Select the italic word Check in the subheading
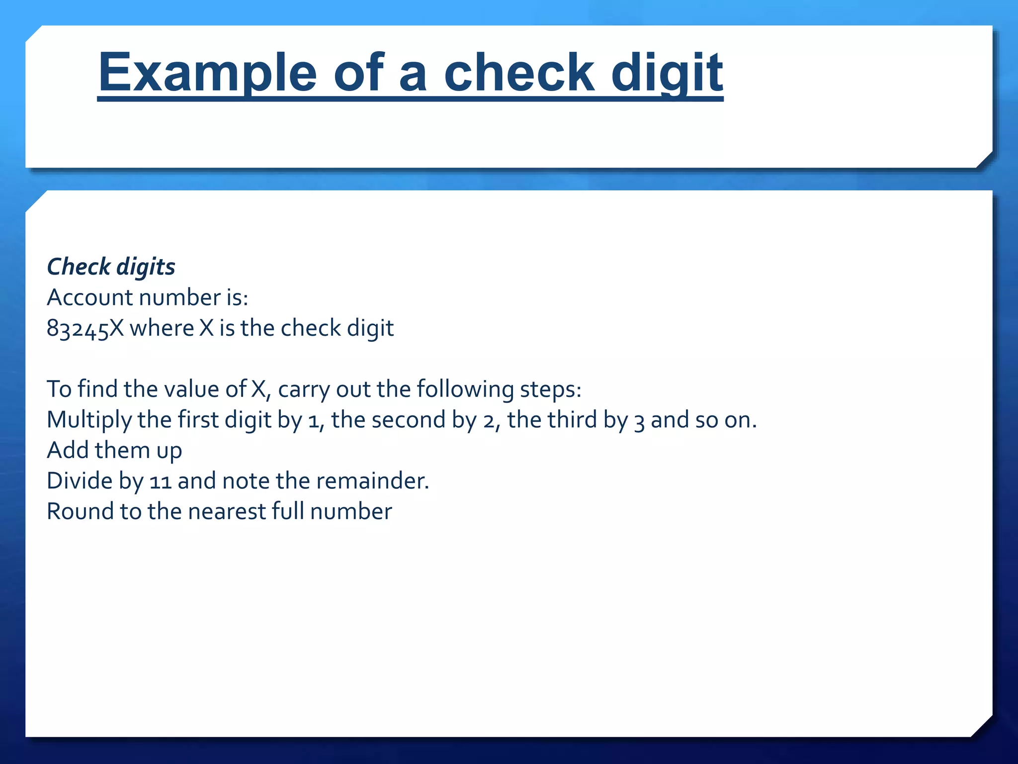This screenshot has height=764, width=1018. (x=79, y=267)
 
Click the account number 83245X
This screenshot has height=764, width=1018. (x=85, y=329)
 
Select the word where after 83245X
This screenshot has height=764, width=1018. (x=162, y=328)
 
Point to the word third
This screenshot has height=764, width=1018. (x=573, y=419)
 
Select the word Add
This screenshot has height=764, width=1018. (x=69, y=450)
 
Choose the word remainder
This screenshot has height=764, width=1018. (x=372, y=481)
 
